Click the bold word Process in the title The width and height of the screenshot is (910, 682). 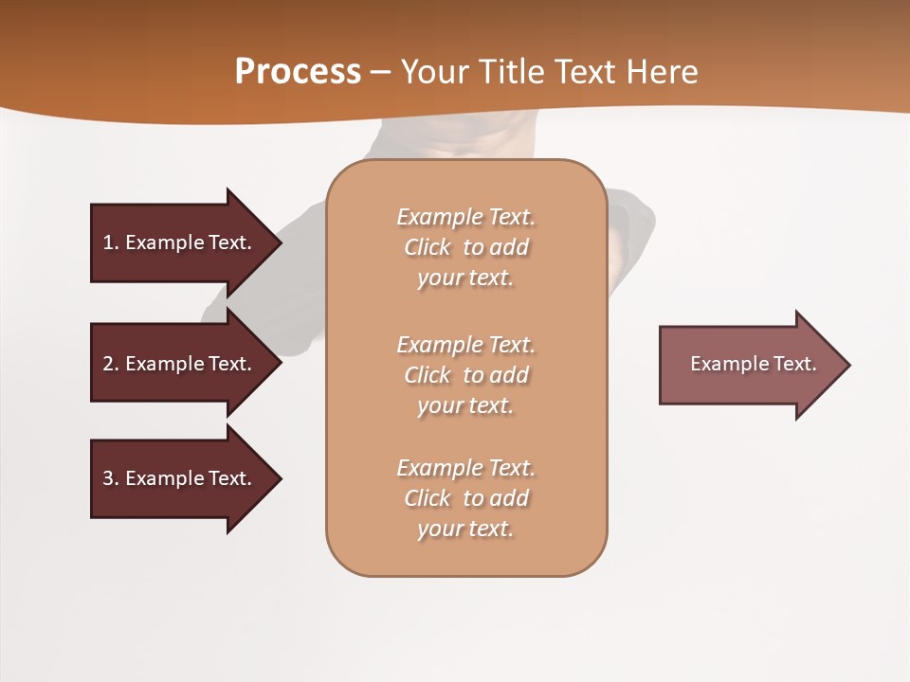point(298,72)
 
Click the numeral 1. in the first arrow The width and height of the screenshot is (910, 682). point(110,242)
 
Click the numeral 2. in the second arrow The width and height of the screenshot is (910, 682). point(110,364)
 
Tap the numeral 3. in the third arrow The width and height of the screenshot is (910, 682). point(110,478)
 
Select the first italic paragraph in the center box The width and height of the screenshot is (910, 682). point(465,247)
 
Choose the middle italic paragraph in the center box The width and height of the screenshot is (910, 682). point(465,375)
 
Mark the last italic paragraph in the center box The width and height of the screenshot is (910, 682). point(465,498)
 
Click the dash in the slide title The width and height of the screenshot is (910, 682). point(380,72)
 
